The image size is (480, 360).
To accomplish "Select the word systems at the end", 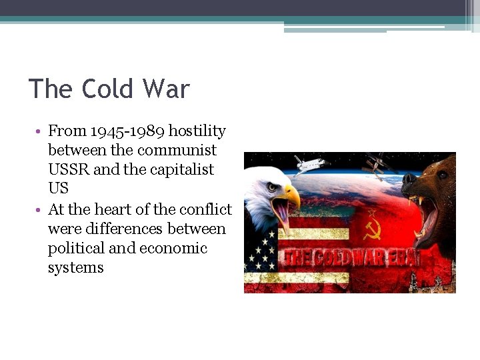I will pyautogui.click(x=75, y=268).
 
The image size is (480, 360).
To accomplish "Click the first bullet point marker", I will pyautogui.click(x=40, y=131).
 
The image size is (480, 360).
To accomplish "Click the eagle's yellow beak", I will pyautogui.click(x=291, y=198).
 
